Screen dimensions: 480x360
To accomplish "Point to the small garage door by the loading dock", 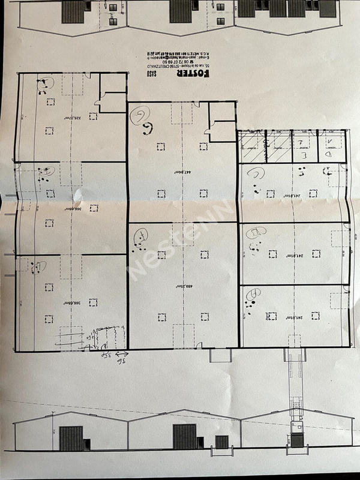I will click(x=221, y=442).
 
